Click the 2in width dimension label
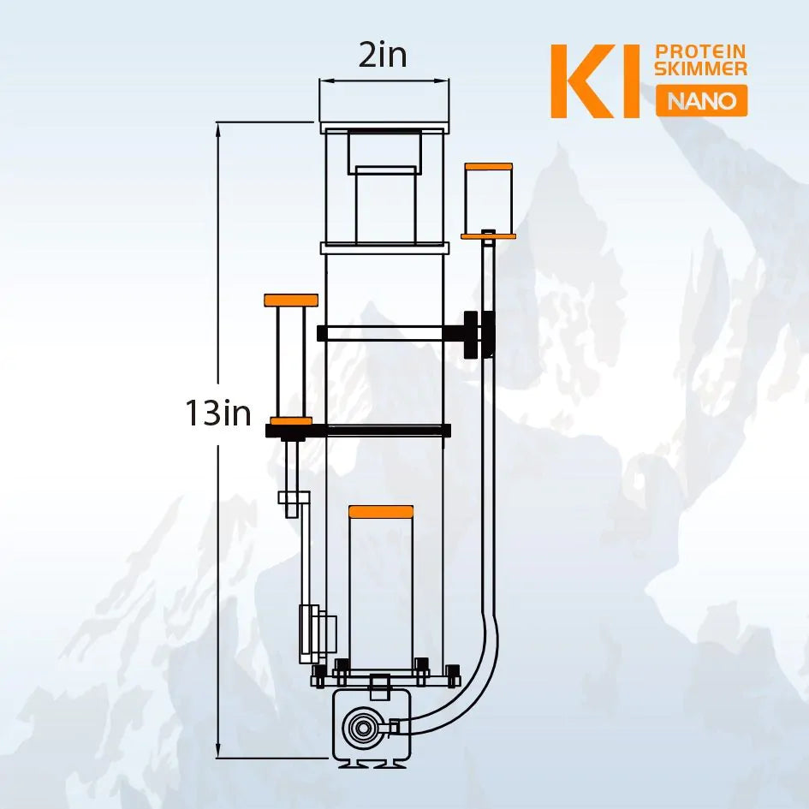pyautogui.click(x=383, y=56)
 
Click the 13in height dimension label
pyautogui.click(x=218, y=414)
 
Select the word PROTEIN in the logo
pyautogui.click(x=700, y=52)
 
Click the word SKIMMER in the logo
pyautogui.click(x=700, y=68)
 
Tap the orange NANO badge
pyautogui.click(x=701, y=101)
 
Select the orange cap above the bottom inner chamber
pyautogui.click(x=381, y=512)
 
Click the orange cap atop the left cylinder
pyautogui.click(x=291, y=300)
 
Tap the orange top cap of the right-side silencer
pyautogui.click(x=488, y=165)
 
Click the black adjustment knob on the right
pyautogui.click(x=472, y=335)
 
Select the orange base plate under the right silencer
pyautogui.click(x=488, y=235)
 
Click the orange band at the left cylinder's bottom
pyautogui.click(x=291, y=420)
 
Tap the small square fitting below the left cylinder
pyautogui.click(x=291, y=498)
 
